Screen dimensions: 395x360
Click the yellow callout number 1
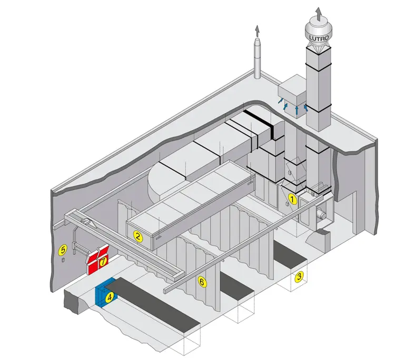tap(292, 199)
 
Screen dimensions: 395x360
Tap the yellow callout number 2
tap(138, 237)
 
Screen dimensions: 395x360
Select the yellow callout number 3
tap(299, 276)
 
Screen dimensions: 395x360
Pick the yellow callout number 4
tap(110, 297)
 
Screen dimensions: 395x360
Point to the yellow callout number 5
tap(63, 250)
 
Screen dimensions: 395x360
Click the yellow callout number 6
tap(202, 282)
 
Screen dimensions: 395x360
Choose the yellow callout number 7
tap(103, 262)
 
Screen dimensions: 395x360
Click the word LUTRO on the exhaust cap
tap(319, 38)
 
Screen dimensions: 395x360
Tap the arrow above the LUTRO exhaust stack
tap(319, 14)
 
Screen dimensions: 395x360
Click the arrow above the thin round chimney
tap(257, 31)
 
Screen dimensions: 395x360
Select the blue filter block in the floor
tap(105, 293)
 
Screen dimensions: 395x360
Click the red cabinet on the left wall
tap(98, 260)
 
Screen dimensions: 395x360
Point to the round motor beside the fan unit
tap(321, 215)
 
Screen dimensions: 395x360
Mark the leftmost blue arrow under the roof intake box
tap(280, 101)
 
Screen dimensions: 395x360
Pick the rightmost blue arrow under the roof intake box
tap(306, 108)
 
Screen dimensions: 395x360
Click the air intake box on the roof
tap(292, 95)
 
